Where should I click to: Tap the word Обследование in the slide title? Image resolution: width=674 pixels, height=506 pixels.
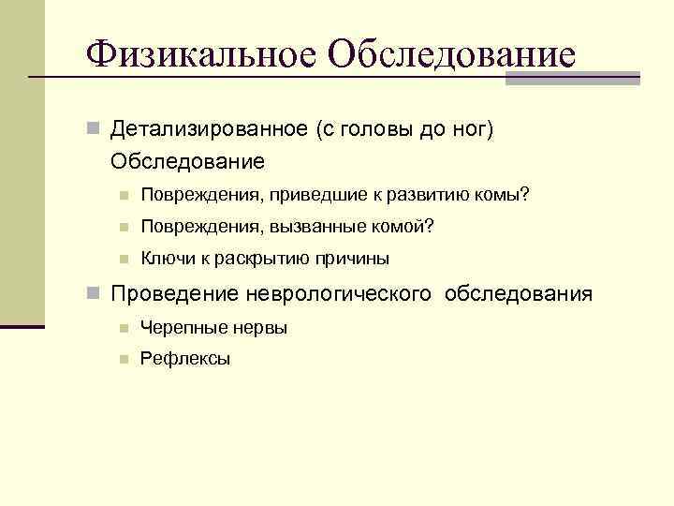click(452, 53)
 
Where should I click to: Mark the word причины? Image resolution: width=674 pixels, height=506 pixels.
click(354, 259)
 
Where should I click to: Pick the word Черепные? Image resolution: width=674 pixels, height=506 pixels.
click(179, 327)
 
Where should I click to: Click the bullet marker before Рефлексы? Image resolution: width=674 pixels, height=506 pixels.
click(123, 359)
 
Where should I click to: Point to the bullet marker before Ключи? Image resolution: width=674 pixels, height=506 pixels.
click(123, 259)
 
